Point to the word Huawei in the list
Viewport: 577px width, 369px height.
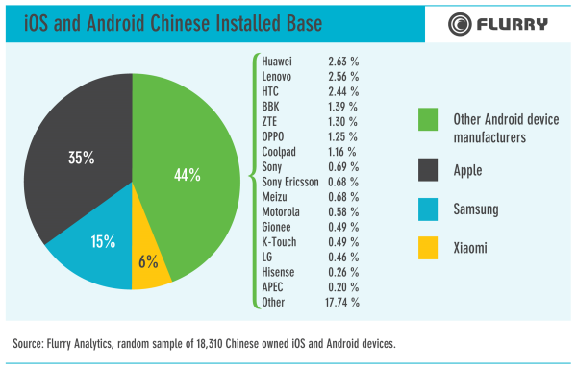(277, 61)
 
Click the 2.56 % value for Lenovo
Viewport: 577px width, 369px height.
(342, 76)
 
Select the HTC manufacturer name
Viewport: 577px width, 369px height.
(270, 91)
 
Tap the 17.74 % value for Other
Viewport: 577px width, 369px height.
(342, 302)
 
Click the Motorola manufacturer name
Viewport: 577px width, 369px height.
(281, 211)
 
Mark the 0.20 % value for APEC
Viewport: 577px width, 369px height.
(342, 286)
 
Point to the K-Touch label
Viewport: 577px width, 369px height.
(279, 241)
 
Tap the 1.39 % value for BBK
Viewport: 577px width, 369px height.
(342, 107)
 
